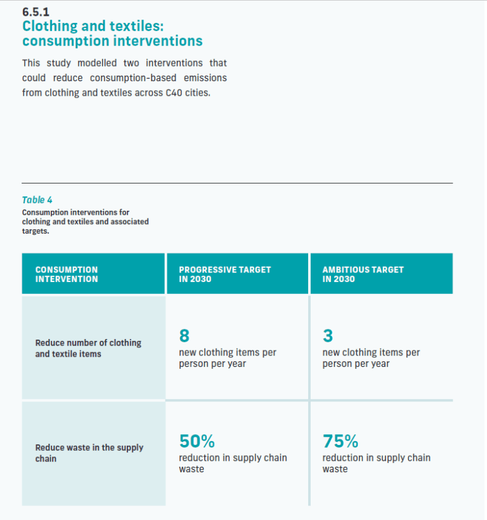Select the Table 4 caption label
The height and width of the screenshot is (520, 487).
pyautogui.click(x=37, y=200)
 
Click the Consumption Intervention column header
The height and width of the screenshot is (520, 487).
pyautogui.click(x=67, y=274)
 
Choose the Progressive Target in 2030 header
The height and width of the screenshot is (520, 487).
pyautogui.click(x=224, y=274)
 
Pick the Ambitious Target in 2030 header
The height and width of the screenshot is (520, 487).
pyautogui.click(x=363, y=274)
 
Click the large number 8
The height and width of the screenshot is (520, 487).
pyautogui.click(x=185, y=335)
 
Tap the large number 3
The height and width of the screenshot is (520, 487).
pyautogui.click(x=328, y=335)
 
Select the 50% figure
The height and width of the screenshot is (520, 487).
pyautogui.click(x=197, y=441)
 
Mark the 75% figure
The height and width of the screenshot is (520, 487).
pyautogui.click(x=341, y=441)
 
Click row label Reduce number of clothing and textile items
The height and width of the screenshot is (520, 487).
pyautogui.click(x=88, y=348)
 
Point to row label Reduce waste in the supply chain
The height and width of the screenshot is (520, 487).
pyautogui.click(x=89, y=453)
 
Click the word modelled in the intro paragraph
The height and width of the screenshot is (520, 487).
pyautogui.click(x=102, y=63)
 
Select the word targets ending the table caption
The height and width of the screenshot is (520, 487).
pyautogui.click(x=35, y=231)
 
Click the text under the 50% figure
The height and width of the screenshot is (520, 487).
pyautogui.click(x=233, y=463)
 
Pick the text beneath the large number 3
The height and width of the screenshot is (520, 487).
pyautogui.click(x=371, y=358)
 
